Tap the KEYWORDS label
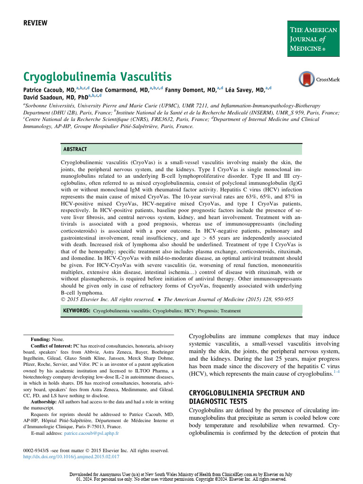click(76, 311)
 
